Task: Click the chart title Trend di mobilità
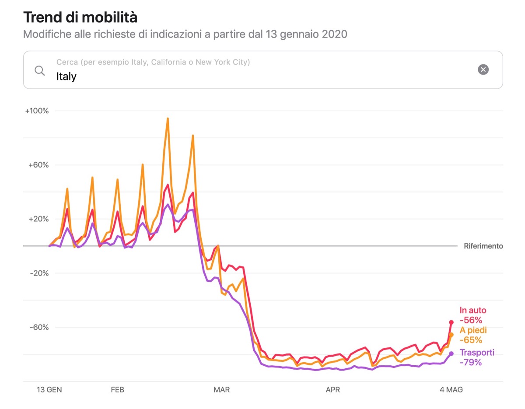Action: [x=80, y=17]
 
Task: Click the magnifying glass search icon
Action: [x=40, y=70]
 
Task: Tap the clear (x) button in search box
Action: [x=483, y=70]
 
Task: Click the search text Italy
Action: [x=66, y=77]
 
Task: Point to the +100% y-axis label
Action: [x=37, y=111]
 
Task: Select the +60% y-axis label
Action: [x=38, y=165]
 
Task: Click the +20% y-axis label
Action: [x=38, y=219]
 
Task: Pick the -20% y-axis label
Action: [x=39, y=273]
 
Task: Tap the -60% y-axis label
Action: [x=39, y=327]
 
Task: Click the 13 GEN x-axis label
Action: [x=49, y=390]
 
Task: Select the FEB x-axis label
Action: [x=118, y=390]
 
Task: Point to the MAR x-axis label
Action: [x=222, y=390]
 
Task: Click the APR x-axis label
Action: [x=332, y=390]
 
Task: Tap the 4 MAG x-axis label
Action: [x=451, y=390]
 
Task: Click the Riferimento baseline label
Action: [x=483, y=246]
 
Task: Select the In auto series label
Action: [x=473, y=311]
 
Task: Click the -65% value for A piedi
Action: [x=471, y=340]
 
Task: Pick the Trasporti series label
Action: [x=477, y=353]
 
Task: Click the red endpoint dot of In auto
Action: [x=451, y=322]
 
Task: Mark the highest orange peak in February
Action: [x=168, y=118]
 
